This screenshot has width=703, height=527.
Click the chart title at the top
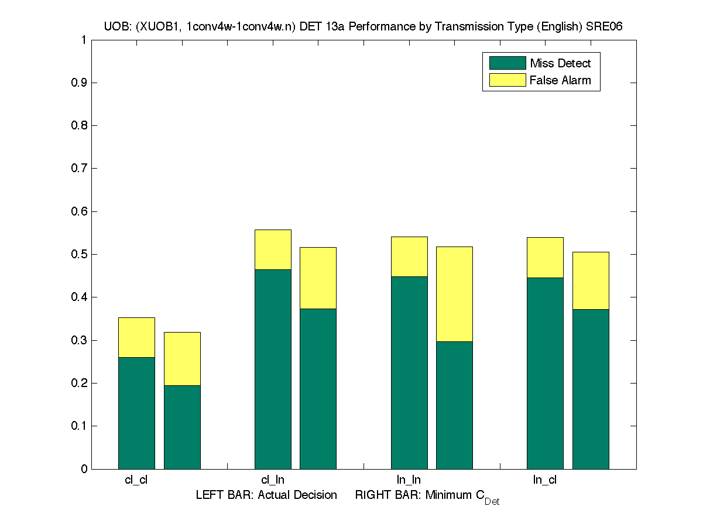(x=363, y=27)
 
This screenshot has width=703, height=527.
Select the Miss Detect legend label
(x=560, y=63)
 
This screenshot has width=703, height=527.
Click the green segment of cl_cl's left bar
(x=136, y=413)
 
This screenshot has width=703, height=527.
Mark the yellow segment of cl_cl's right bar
(x=182, y=358)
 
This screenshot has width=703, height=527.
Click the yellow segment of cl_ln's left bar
(x=273, y=249)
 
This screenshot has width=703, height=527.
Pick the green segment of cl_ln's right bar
(x=318, y=388)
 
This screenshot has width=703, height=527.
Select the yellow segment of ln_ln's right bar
(x=454, y=294)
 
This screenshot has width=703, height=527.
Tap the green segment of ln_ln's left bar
(x=409, y=372)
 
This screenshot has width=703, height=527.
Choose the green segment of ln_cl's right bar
(x=591, y=389)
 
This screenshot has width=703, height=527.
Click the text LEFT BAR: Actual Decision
(x=266, y=495)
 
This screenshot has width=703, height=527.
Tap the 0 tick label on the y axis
(x=84, y=469)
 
